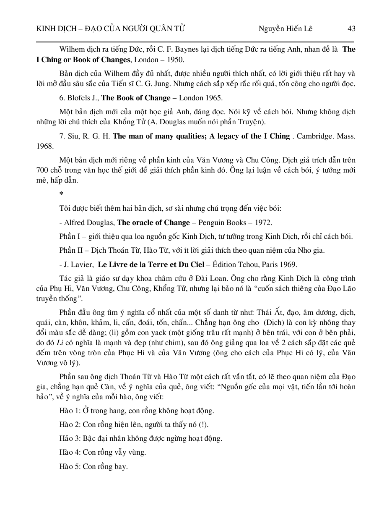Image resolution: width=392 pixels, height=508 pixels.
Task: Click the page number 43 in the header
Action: click(x=351, y=29)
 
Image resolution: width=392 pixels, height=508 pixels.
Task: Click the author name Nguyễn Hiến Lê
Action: click(x=285, y=29)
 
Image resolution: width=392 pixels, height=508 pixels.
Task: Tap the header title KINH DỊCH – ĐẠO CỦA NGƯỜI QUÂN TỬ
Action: click(x=111, y=29)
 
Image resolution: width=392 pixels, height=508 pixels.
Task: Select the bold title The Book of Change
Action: click(x=136, y=98)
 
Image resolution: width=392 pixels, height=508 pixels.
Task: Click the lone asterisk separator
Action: click(x=61, y=194)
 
